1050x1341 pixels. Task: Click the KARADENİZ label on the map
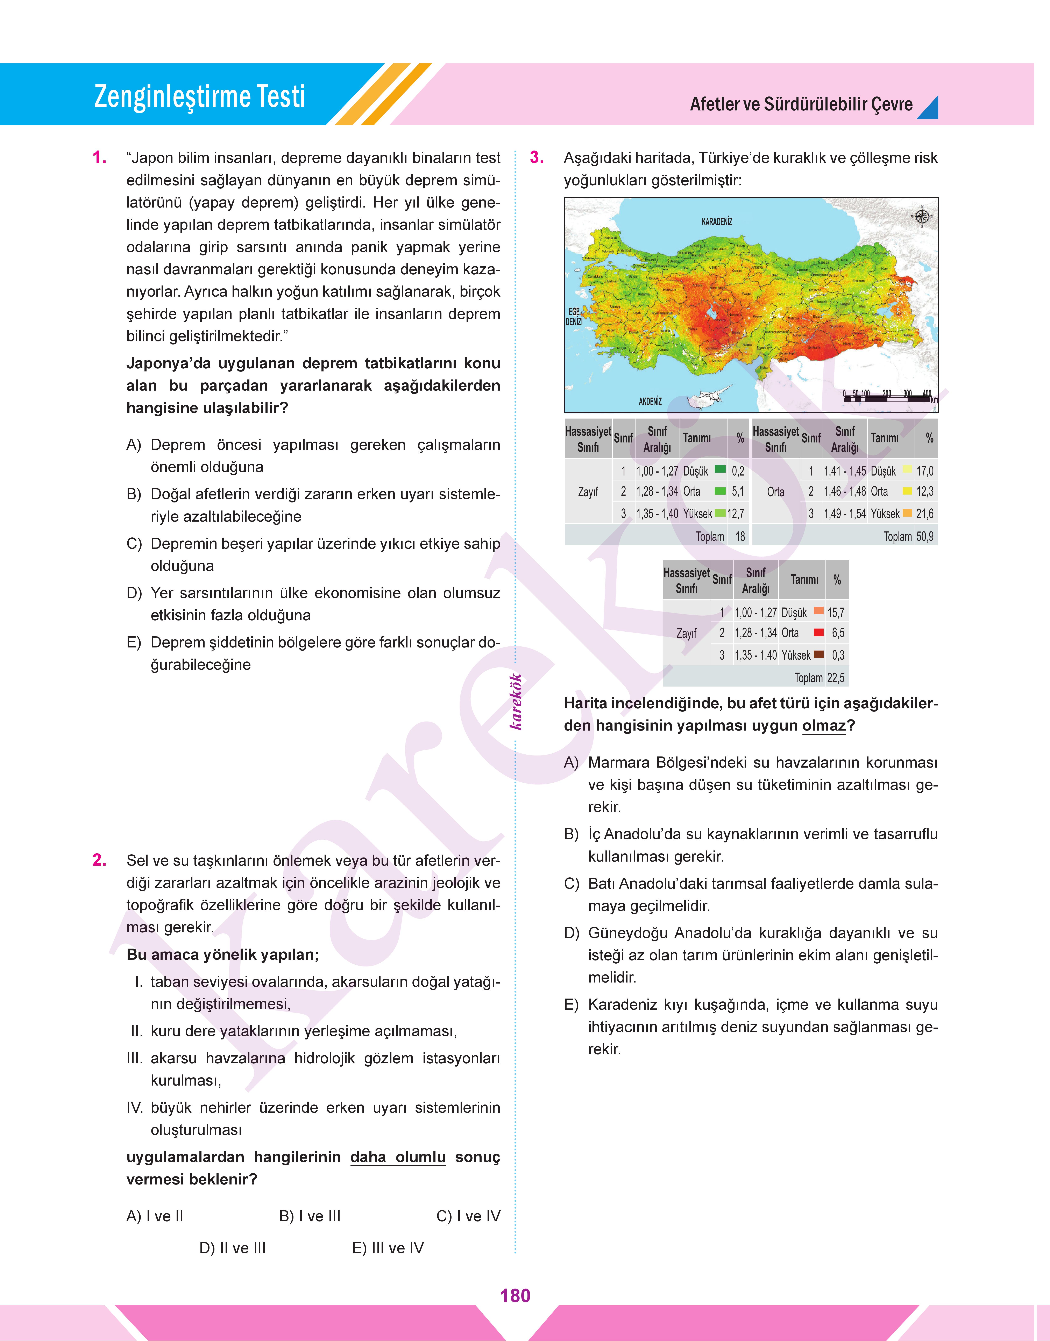pyautogui.click(x=717, y=222)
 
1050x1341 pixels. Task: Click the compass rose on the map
pyautogui.click(x=922, y=216)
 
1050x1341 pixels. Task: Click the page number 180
pyautogui.click(x=515, y=1296)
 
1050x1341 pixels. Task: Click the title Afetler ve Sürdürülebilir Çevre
pyautogui.click(x=801, y=104)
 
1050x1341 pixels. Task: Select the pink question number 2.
pyautogui.click(x=99, y=860)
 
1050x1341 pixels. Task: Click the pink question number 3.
pyautogui.click(x=537, y=158)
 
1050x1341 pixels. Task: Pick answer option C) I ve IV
pyautogui.click(x=468, y=1216)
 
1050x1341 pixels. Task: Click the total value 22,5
pyautogui.click(x=835, y=677)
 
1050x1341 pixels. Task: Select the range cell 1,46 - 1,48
pyautogui.click(x=845, y=491)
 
